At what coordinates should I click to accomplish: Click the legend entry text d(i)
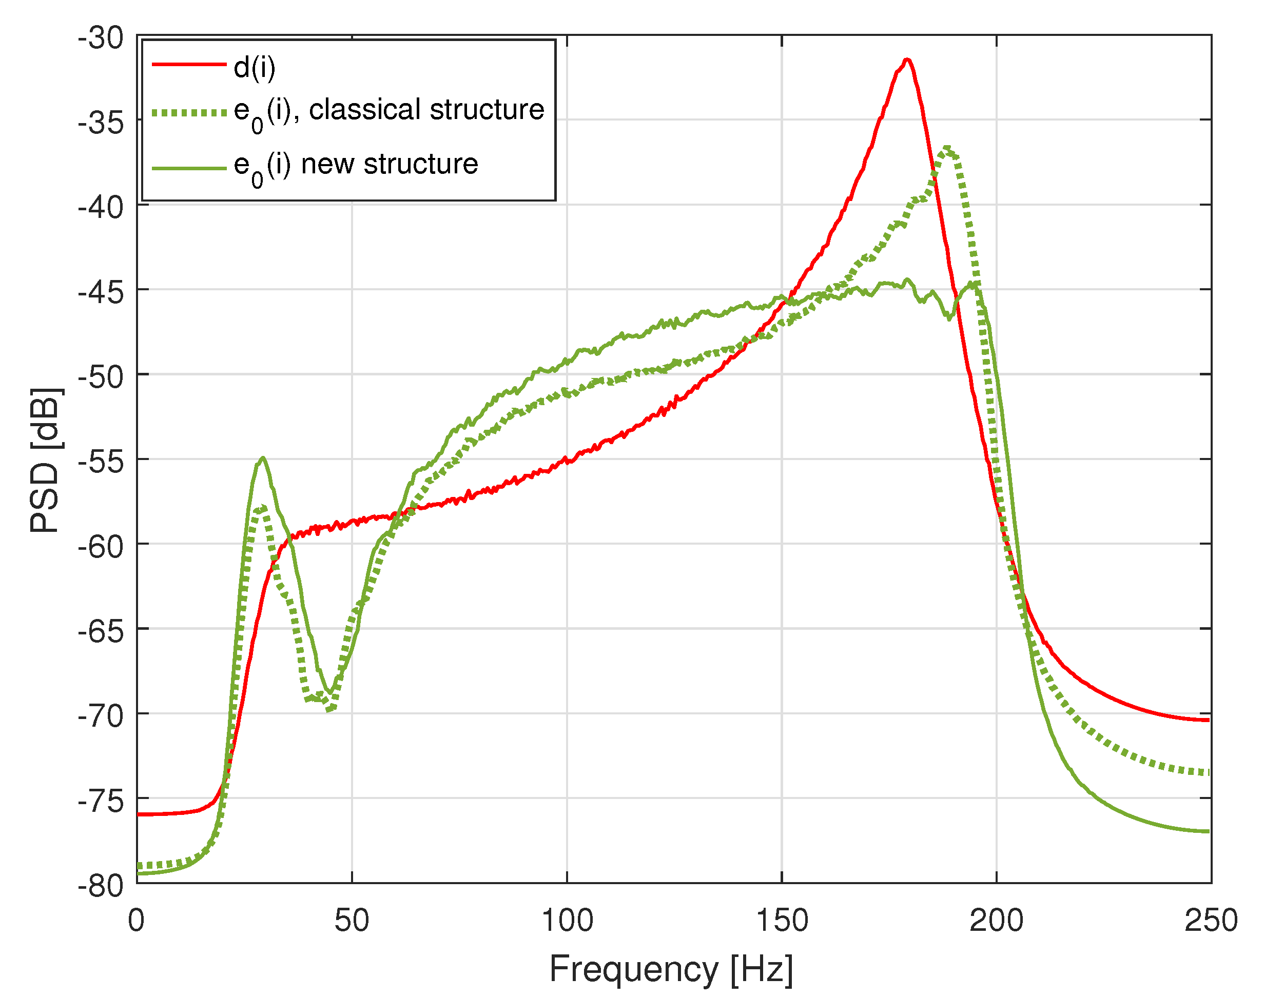point(255,68)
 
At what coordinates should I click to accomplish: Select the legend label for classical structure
point(389,111)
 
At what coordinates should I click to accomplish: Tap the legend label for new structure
point(356,165)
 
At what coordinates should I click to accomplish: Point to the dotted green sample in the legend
point(189,113)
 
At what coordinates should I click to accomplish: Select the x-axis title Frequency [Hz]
point(671,969)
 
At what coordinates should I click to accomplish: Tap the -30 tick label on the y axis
point(101,38)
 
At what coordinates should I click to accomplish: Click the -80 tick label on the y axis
point(101,886)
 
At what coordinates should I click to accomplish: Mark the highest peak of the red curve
point(907,59)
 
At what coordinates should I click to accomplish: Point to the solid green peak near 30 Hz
point(263,458)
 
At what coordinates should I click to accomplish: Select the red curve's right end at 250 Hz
point(1208,720)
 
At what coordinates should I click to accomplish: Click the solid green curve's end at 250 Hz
point(1208,831)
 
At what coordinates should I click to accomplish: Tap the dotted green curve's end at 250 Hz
point(1208,772)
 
